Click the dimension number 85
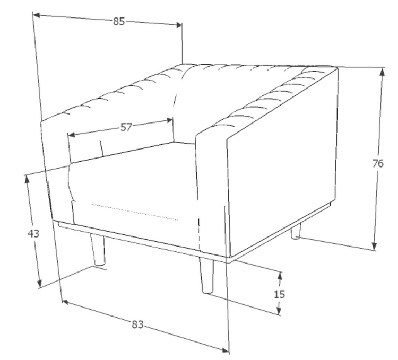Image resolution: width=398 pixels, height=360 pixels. coord(119,22)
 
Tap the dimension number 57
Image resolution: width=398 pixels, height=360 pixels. coord(126,127)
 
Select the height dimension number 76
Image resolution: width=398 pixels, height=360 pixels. coord(378,163)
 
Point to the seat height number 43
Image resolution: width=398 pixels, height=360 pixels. coord(33,233)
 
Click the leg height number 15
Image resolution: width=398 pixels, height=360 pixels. coord(280,294)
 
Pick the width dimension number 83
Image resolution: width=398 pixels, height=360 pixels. coord(137,324)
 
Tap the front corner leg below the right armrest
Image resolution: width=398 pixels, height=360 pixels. coord(206,276)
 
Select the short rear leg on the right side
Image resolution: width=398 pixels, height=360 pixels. coord(296,231)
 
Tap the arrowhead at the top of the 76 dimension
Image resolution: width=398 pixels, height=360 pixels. coord(382,72)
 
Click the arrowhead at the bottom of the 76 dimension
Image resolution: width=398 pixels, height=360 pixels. coord(374,247)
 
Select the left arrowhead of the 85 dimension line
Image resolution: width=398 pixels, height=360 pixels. coord(37,15)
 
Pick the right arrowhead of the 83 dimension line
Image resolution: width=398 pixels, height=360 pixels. coord(225,350)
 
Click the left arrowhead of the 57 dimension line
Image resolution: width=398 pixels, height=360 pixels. coord(72,134)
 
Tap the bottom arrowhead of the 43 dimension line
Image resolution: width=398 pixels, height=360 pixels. coord(39,284)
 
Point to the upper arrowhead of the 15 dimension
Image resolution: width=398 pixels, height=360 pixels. coord(280,276)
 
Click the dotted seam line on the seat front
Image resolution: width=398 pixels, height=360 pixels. coord(135,212)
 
